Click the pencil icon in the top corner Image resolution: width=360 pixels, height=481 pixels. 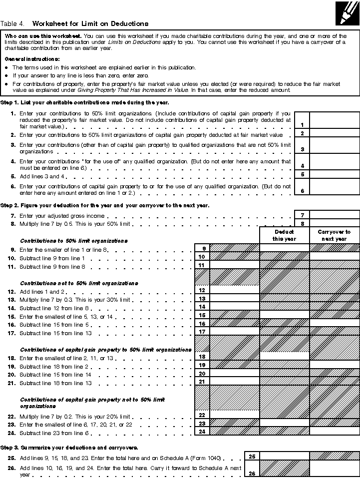(348, 12)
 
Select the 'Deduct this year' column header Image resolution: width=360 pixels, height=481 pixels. (284, 235)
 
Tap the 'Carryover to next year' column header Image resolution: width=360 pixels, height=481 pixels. (334, 235)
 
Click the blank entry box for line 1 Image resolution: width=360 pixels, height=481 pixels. (335, 120)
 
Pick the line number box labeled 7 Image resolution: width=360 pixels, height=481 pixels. (302, 215)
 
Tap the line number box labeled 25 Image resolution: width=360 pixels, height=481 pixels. (252, 456)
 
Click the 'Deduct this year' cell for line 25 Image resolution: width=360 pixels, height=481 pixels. (284, 456)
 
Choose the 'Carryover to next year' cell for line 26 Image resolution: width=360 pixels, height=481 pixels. (334, 469)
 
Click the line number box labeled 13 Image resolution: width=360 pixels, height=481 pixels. (202, 298)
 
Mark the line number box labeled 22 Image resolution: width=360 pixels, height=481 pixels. (202, 415)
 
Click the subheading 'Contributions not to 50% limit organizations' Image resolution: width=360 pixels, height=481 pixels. (79, 283)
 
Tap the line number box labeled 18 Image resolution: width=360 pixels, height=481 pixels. (202, 357)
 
